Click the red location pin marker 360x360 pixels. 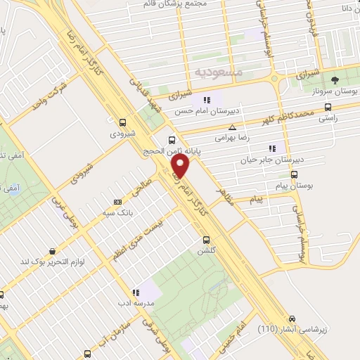tap(181, 166)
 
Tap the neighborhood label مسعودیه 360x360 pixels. tap(218, 72)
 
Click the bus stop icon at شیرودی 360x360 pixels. tap(123, 121)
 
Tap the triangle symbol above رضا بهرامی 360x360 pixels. tap(232, 127)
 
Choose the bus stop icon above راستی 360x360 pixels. tap(328, 108)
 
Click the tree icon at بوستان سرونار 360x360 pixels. tap(335, 79)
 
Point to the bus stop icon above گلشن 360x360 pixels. tap(206, 238)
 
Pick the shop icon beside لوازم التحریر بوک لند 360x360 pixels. tap(52, 250)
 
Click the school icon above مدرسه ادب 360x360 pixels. tap(134, 292)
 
